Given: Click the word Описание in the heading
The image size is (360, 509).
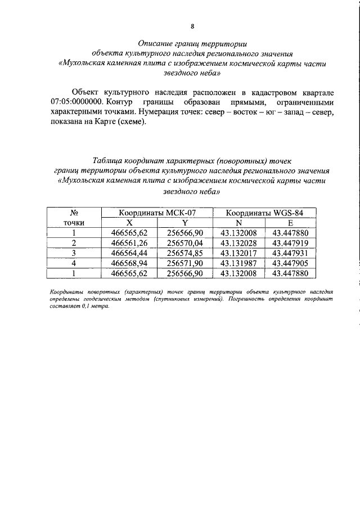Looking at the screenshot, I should click(x=157, y=43).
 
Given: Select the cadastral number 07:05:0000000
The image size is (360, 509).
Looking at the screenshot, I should click(x=76, y=103).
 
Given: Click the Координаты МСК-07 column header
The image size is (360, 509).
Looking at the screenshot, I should click(x=157, y=213).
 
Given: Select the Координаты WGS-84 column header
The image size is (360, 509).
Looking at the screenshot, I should click(x=264, y=213).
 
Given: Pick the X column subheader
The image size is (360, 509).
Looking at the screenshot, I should click(x=129, y=223).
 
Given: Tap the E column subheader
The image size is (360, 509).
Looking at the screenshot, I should click(x=290, y=223).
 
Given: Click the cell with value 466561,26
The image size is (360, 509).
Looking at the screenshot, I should click(x=129, y=243).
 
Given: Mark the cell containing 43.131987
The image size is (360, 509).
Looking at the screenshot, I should click(x=238, y=263).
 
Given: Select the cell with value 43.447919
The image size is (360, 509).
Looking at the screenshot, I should click(x=290, y=243).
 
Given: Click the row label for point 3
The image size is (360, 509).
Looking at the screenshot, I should click(x=73, y=253).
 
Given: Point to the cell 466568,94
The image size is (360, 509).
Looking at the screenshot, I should click(x=129, y=263).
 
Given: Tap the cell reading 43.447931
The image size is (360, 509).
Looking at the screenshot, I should click(x=290, y=253).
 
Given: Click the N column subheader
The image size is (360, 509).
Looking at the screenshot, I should click(x=238, y=223).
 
